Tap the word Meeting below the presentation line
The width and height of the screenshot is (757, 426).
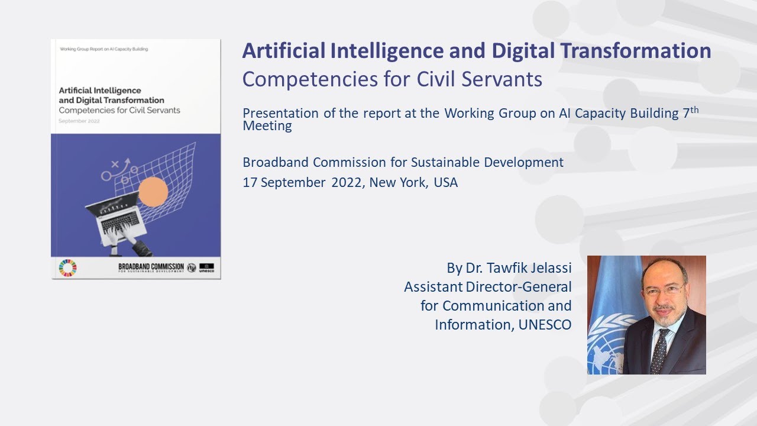(x=267, y=125)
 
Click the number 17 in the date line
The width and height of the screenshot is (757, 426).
(x=249, y=182)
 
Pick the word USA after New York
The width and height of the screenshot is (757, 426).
(x=445, y=182)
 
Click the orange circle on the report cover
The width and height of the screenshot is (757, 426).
(x=153, y=191)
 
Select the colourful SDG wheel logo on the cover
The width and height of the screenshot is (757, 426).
(x=67, y=268)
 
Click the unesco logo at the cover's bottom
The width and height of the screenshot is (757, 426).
(x=207, y=267)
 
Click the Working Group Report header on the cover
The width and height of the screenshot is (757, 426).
(x=104, y=49)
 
